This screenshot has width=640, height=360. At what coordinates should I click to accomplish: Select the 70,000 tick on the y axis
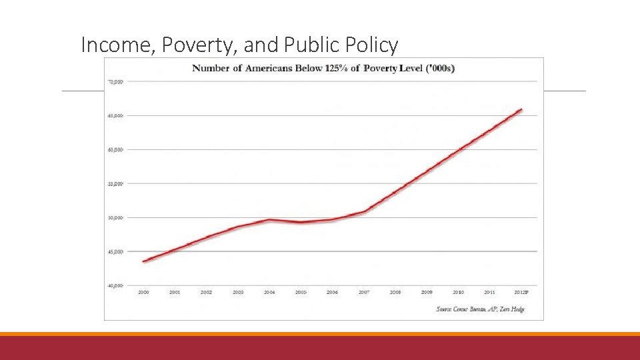click(115, 82)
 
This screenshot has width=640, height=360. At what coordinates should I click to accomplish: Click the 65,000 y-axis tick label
click(115, 115)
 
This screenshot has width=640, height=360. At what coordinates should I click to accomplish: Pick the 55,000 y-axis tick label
click(115, 183)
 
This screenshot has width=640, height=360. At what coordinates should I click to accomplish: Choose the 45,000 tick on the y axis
click(115, 251)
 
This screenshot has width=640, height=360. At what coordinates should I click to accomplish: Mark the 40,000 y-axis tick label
click(115, 285)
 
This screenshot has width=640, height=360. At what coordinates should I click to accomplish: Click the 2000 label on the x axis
click(143, 293)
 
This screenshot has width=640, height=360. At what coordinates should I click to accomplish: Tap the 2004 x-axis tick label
click(269, 293)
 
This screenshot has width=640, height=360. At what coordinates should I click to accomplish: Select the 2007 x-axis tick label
click(364, 293)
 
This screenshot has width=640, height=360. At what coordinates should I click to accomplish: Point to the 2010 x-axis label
click(459, 293)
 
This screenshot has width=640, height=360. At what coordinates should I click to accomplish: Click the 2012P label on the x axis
click(521, 293)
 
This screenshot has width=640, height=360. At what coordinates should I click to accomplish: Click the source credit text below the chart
click(480, 309)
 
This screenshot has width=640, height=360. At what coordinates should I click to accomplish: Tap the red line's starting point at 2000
click(144, 261)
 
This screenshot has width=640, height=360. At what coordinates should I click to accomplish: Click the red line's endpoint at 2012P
click(521, 109)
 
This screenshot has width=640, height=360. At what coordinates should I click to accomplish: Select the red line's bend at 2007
click(364, 212)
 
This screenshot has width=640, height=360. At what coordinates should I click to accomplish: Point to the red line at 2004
click(269, 219)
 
